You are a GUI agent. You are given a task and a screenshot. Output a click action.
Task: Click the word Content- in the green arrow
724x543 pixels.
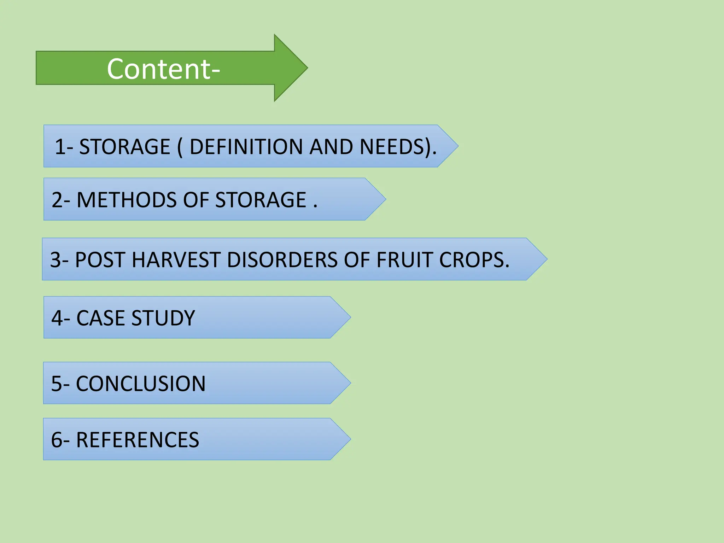[x=163, y=69]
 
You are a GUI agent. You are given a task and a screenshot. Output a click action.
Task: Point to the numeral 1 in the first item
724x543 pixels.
[x=60, y=147]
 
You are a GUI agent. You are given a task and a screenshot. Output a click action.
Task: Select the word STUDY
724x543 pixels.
[x=163, y=318]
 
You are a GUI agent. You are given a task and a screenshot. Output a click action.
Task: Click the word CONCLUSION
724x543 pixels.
[x=141, y=384]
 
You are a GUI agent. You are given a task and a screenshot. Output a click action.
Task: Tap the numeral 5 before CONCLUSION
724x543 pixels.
[x=57, y=384]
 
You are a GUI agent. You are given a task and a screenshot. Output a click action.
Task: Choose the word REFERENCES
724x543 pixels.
[x=138, y=440]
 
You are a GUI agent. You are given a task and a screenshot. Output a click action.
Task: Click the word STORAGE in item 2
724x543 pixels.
[x=261, y=200]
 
